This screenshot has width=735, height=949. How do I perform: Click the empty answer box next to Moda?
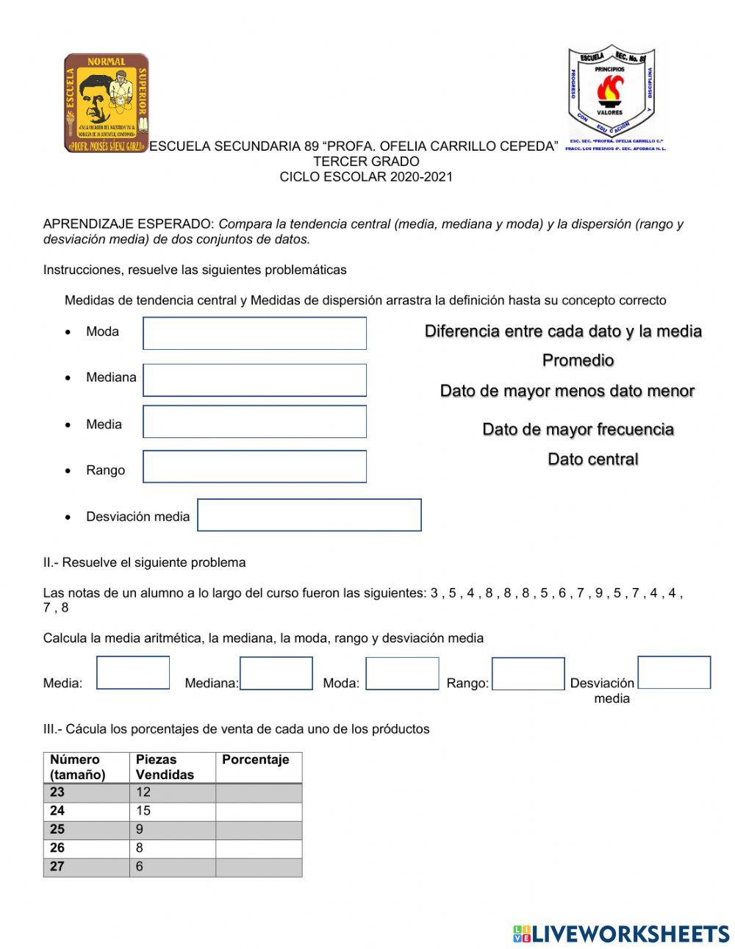pos(254,333)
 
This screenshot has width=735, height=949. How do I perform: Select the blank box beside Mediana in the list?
pos(254,380)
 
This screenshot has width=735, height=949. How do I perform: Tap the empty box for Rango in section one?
pos(254,467)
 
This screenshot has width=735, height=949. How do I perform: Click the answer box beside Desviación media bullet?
pos(309,515)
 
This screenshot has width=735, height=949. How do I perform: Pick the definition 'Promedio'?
pos(578,360)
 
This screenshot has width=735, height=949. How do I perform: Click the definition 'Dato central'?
pos(592,459)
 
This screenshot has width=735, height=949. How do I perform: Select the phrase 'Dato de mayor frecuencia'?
pos(578,429)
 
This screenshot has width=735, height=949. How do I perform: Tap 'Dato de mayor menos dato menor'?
pos(567,391)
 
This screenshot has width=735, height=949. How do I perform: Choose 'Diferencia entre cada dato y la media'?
pos(563,332)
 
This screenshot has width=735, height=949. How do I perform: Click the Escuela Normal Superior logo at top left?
pos(107,102)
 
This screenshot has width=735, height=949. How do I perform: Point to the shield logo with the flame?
pos(610,93)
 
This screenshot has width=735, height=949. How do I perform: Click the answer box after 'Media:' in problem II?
pos(133,673)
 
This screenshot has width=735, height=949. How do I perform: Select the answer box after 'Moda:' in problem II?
pos(402,673)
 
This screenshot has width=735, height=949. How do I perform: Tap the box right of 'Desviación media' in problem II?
pos(674,673)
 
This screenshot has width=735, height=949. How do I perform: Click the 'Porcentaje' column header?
pos(256,760)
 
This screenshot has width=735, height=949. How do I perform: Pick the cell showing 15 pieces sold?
pos(172,811)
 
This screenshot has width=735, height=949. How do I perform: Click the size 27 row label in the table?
pos(86,867)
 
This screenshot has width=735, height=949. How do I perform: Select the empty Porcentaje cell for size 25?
pos(259,829)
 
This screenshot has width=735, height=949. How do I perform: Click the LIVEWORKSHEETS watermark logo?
pos(621,934)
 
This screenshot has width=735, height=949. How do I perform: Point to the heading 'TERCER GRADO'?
pos(366,162)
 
